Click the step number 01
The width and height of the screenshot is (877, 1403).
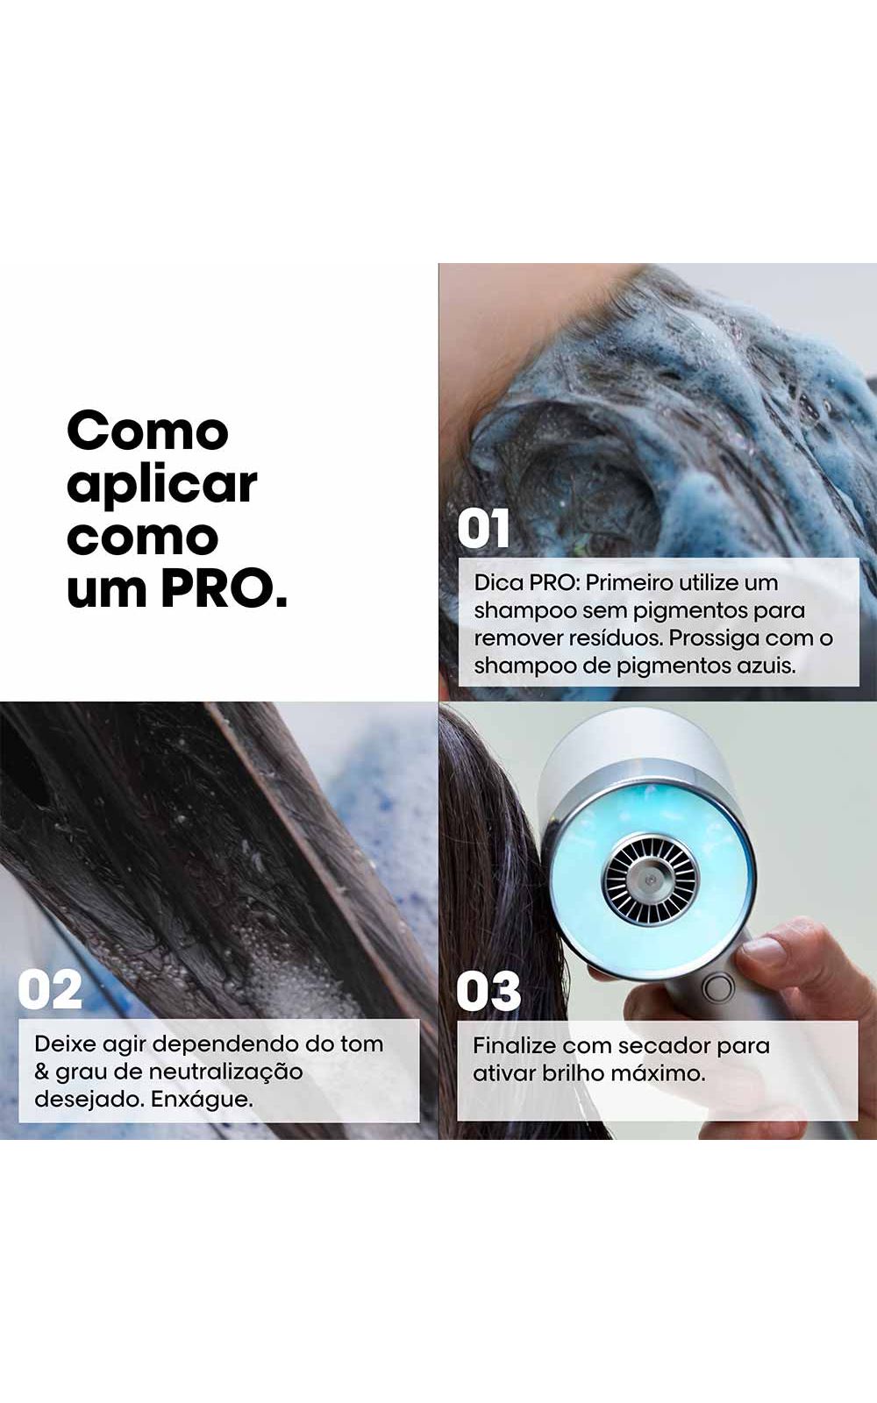(483, 530)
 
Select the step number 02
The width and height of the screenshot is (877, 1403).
(50, 990)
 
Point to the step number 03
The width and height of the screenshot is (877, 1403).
(488, 992)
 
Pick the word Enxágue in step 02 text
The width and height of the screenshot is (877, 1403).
(202, 1100)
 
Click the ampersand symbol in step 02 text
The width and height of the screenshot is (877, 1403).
(41, 1072)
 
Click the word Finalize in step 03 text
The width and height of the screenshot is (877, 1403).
(514, 1045)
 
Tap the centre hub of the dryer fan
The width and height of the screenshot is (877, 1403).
(650, 880)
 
